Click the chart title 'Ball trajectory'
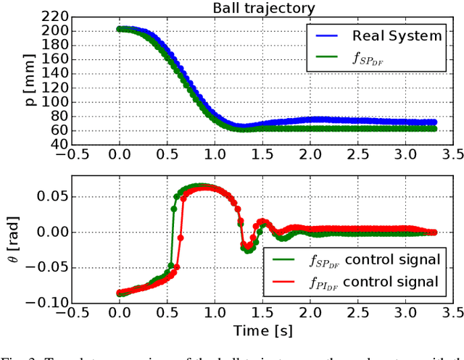pyautogui.click(x=263, y=9)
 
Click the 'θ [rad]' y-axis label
pyautogui.click(x=9, y=239)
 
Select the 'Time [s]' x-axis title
pyautogui.click(x=263, y=330)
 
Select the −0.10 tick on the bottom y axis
pyautogui.click(x=47, y=303)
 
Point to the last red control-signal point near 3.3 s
pyautogui.click(x=433, y=233)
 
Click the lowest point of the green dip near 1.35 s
pyautogui.click(x=247, y=250)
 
